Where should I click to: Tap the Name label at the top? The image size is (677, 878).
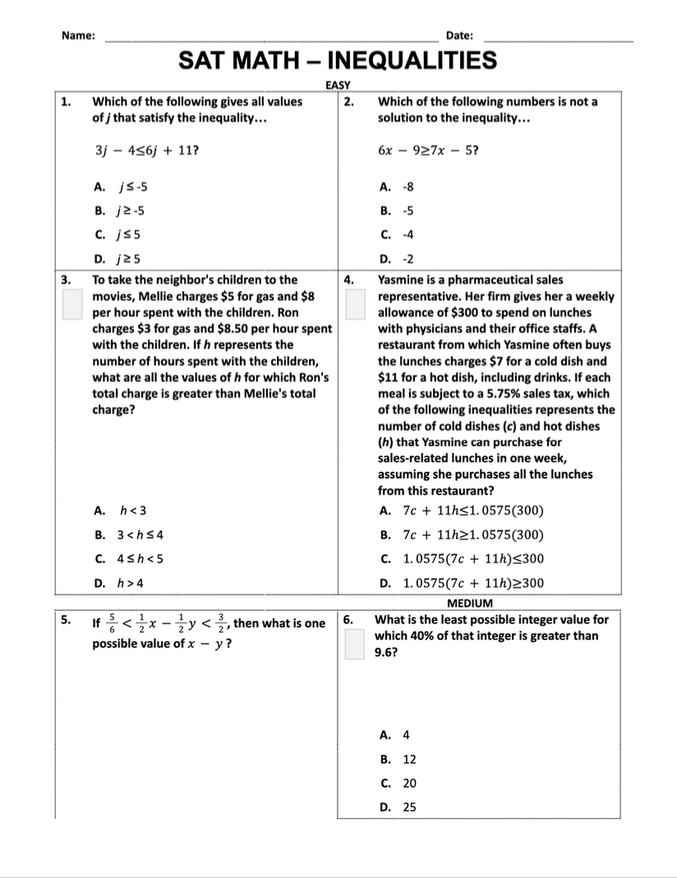[x=79, y=35]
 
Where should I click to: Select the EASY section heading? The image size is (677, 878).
[x=338, y=85]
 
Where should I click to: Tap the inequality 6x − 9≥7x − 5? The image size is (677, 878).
[x=428, y=151]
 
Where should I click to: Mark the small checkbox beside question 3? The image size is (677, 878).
[x=73, y=304]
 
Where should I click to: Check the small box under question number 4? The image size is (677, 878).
[x=355, y=304]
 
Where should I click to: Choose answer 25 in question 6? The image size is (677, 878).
[x=410, y=807]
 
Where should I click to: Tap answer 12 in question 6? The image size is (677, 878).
[x=410, y=760]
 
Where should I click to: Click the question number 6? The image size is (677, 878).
[x=348, y=621]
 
